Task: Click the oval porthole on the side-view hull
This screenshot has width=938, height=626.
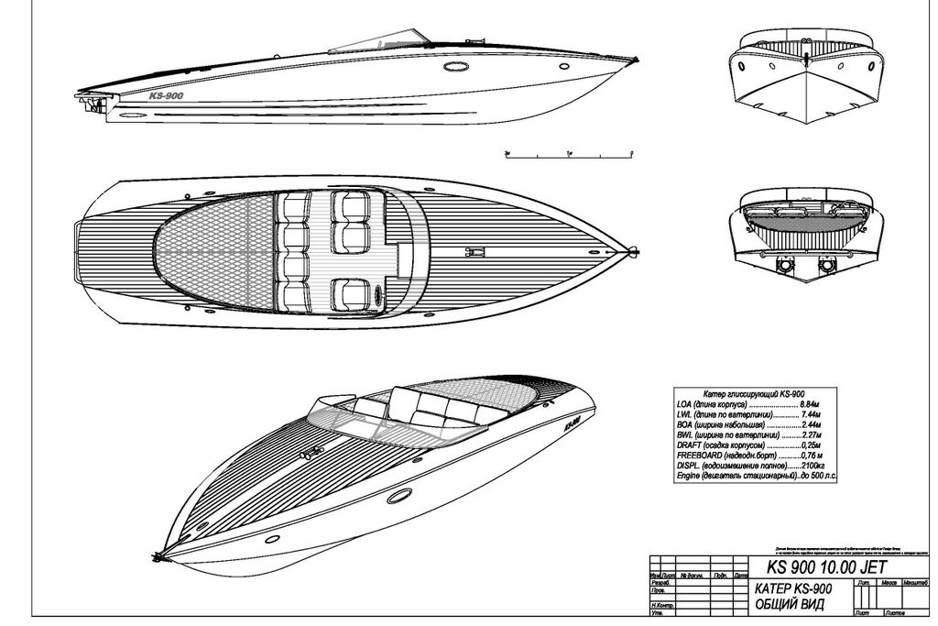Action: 454,67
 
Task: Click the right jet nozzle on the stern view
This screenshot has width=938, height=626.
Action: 828,266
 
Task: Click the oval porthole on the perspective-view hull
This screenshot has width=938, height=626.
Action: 399,496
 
